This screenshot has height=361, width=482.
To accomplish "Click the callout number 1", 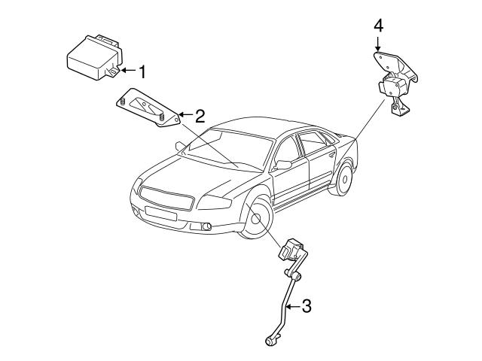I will click(140, 71).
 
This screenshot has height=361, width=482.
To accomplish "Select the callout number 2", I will click(200, 116).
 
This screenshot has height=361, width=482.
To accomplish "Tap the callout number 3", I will click(306, 306).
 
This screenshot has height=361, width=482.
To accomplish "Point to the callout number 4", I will click(378, 26).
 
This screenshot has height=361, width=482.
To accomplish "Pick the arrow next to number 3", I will click(293, 306).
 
